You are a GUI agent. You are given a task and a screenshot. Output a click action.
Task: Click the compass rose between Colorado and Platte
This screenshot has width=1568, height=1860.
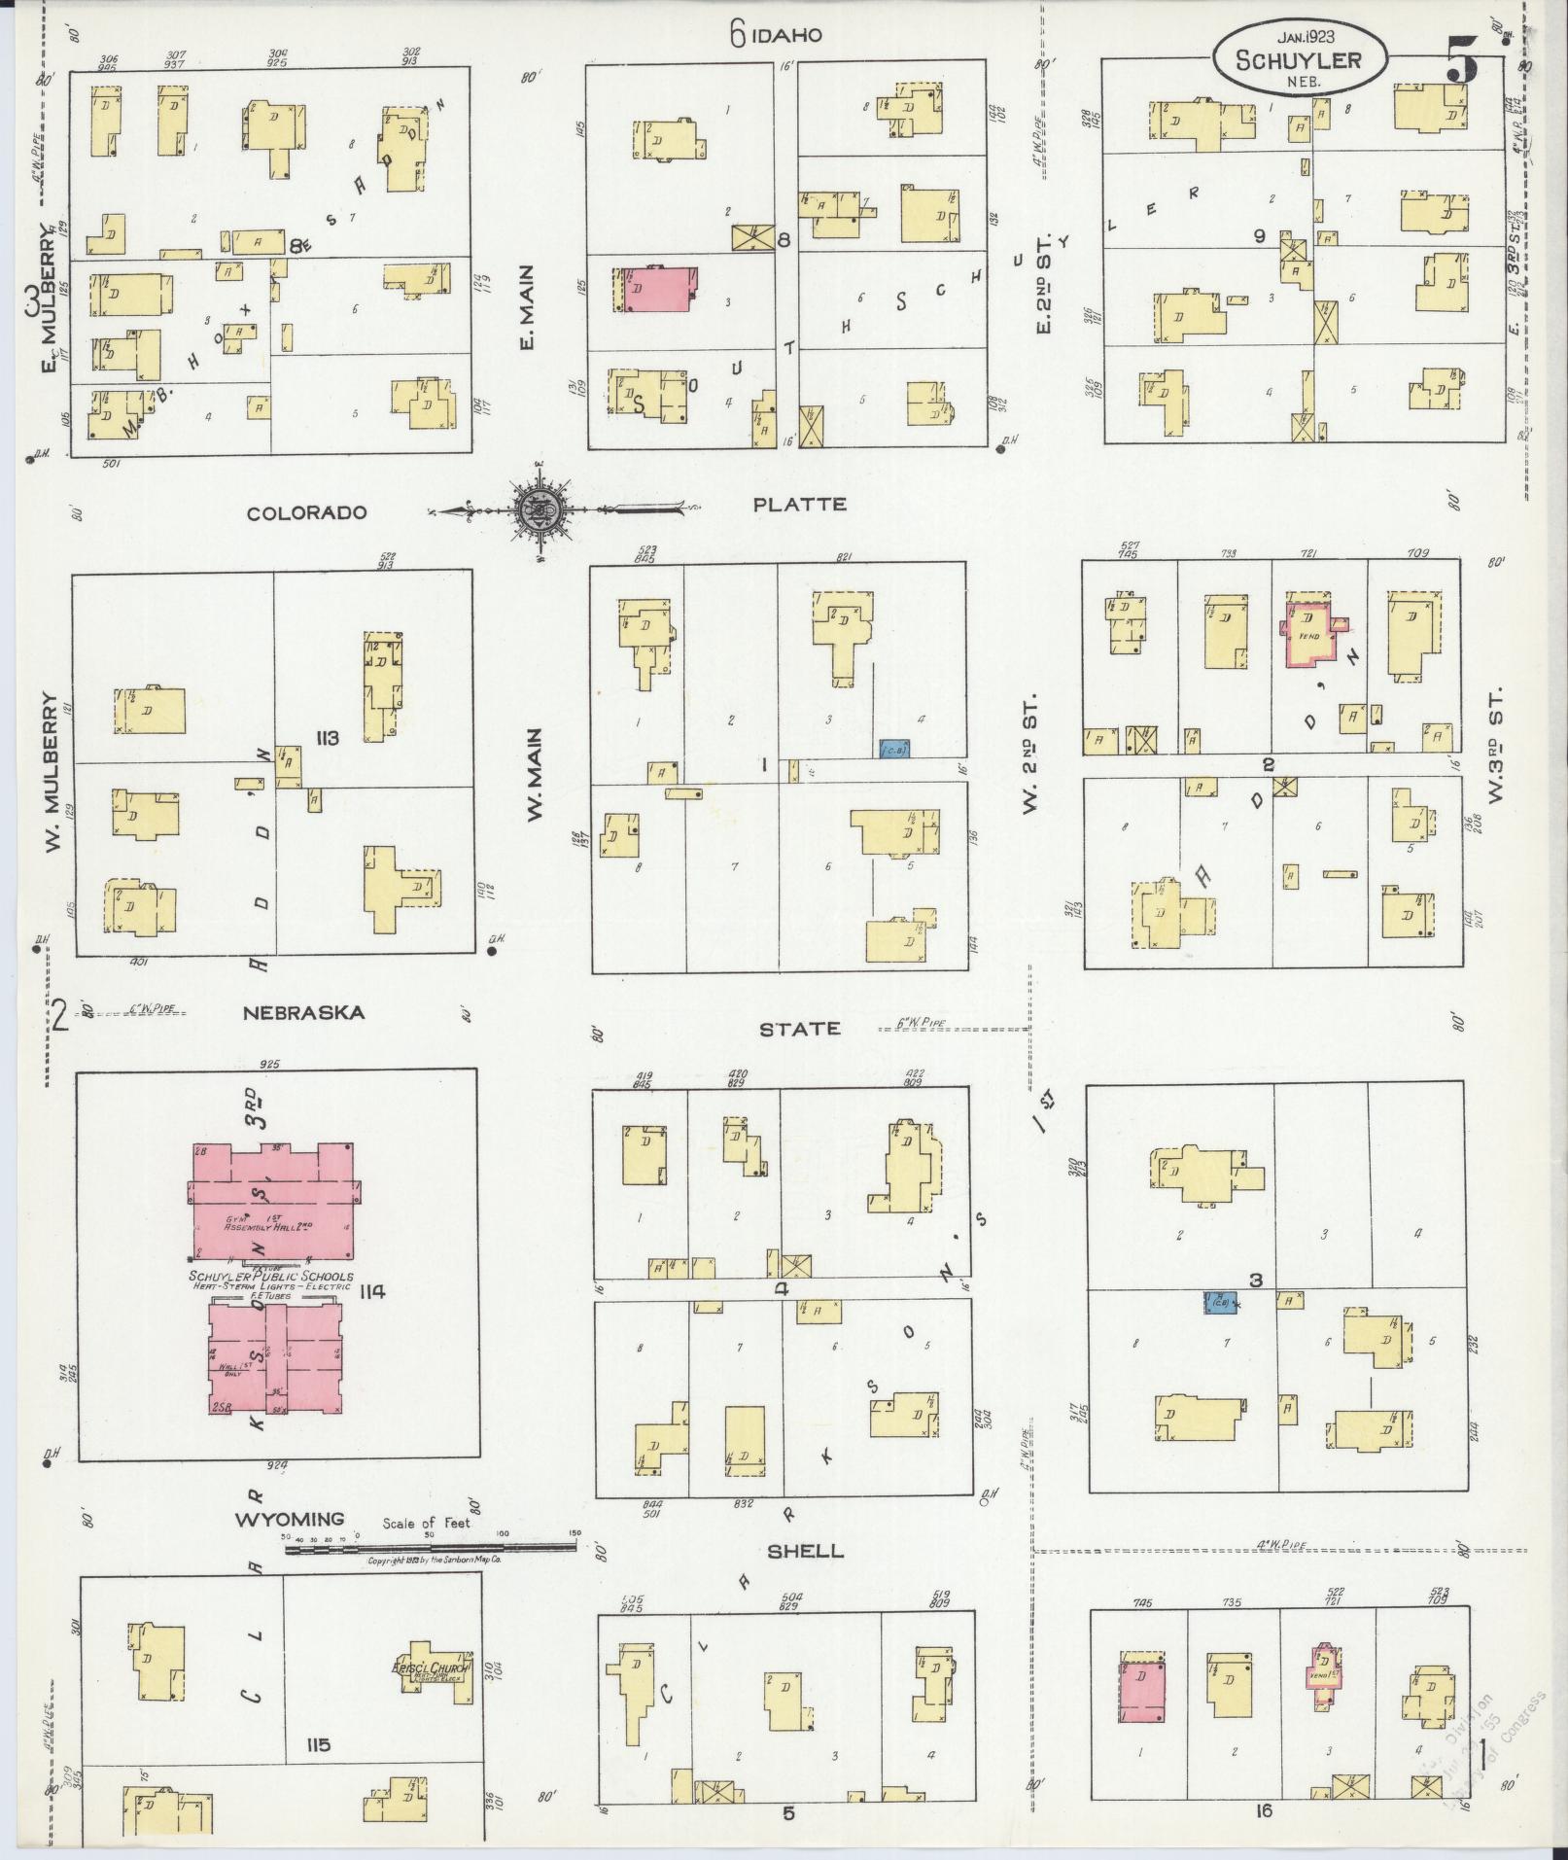tap(543, 509)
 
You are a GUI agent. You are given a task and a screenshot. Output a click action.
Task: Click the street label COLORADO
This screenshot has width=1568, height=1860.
tap(306, 512)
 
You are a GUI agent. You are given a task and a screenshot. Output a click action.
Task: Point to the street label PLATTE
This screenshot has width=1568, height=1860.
tap(800, 504)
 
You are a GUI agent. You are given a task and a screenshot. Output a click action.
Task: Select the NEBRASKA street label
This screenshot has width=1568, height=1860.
tap(304, 1013)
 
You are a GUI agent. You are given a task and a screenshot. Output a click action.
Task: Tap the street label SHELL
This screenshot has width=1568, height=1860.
tap(805, 1550)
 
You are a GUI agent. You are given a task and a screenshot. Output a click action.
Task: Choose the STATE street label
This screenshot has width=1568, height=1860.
tap(800, 1029)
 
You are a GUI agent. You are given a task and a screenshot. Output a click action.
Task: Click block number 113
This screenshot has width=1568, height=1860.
tap(326, 739)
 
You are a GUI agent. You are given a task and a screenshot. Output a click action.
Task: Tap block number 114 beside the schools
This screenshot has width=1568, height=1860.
tap(372, 1291)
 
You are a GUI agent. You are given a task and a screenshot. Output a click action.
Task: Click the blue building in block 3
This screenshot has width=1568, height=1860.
tap(1220, 1303)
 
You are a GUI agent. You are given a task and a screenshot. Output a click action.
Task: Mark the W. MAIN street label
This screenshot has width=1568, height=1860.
tap(535, 775)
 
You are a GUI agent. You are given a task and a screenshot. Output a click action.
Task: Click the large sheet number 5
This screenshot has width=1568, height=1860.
tap(1461, 60)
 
